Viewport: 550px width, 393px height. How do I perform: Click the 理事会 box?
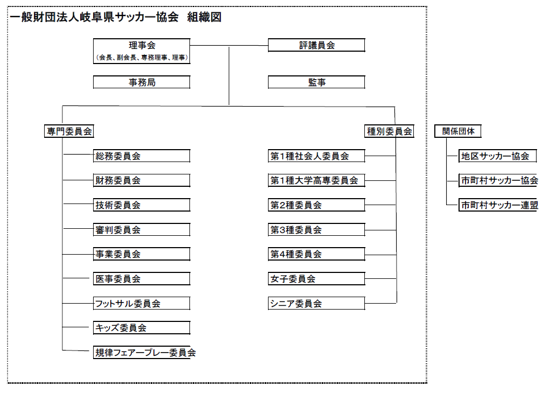(x=142, y=51)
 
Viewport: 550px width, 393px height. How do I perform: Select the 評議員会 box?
(x=316, y=45)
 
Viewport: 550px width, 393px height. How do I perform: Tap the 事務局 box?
(x=142, y=82)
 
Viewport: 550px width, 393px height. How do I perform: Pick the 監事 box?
(x=316, y=82)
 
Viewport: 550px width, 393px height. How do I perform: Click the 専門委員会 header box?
(x=69, y=131)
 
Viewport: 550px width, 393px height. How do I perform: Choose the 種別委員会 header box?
(x=389, y=131)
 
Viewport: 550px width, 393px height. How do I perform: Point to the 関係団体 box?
(x=458, y=131)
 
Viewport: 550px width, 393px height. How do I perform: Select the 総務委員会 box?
(x=142, y=156)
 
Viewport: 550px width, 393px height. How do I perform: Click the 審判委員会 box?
(x=142, y=230)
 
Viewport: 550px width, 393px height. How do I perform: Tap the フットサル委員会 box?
(x=142, y=304)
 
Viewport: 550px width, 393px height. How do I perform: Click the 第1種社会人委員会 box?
(x=316, y=156)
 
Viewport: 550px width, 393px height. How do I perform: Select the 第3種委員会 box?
(x=316, y=230)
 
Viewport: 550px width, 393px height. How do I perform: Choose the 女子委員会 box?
(x=316, y=279)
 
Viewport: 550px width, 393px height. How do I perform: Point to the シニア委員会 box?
(x=316, y=304)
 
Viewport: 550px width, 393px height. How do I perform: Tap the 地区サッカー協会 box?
(x=498, y=156)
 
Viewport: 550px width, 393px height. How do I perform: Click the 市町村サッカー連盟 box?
(x=498, y=205)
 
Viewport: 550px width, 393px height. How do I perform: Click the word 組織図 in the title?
(x=204, y=17)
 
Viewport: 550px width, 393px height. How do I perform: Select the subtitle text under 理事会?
(x=142, y=58)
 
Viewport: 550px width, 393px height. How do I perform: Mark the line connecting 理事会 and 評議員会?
(x=229, y=45)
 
